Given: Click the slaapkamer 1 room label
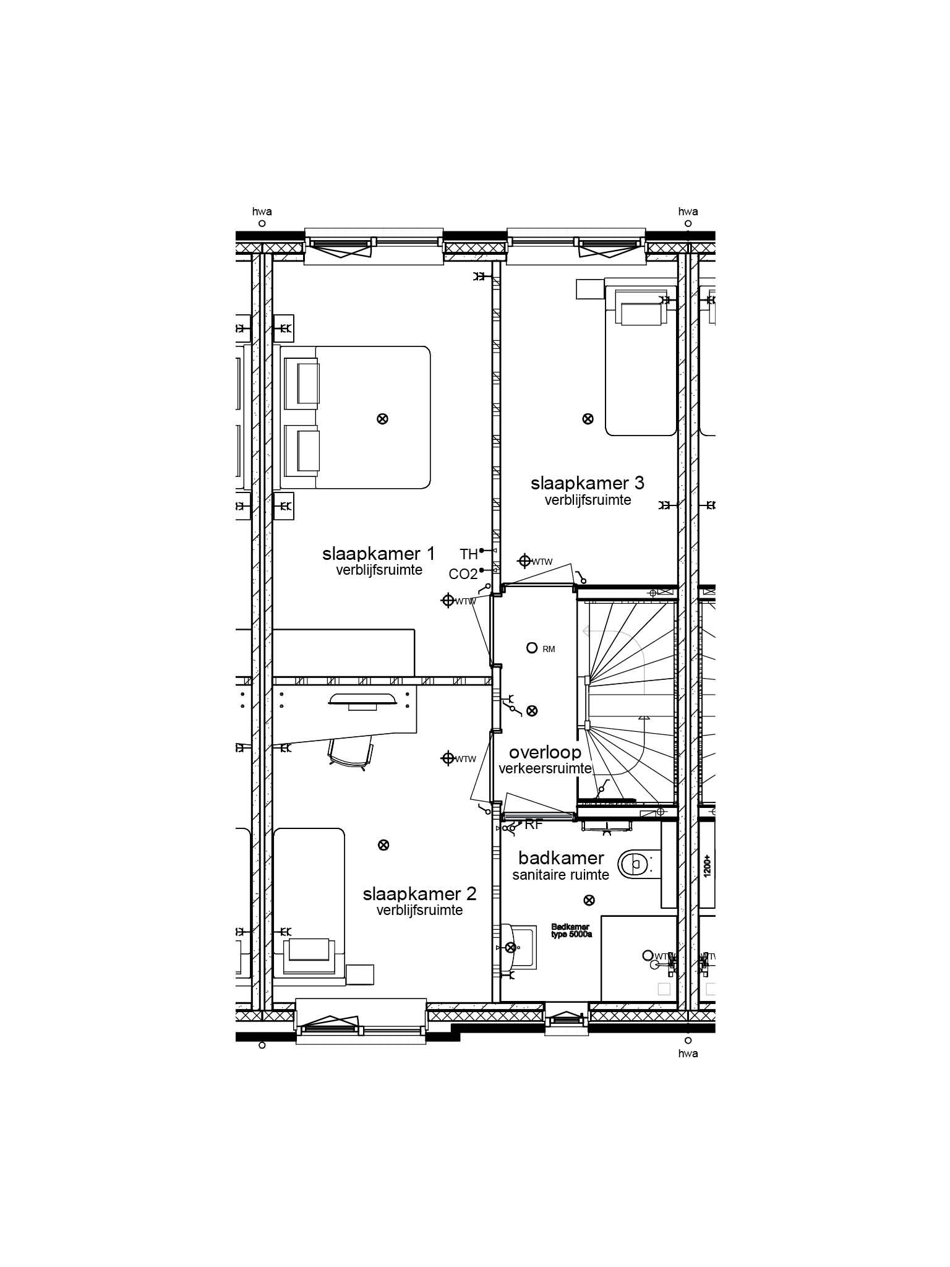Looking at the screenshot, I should click(x=379, y=553).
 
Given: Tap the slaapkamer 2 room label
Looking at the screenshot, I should click(x=419, y=893).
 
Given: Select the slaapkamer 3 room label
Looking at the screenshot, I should click(x=588, y=483).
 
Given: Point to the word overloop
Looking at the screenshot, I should click(x=545, y=752).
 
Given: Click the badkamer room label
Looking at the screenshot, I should click(x=561, y=858).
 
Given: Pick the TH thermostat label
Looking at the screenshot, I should click(x=469, y=554).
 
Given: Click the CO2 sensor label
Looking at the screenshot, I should click(x=463, y=574).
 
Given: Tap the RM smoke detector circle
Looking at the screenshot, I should click(x=531, y=648).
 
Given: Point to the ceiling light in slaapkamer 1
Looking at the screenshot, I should click(x=382, y=419).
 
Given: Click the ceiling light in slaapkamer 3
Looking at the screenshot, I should click(x=588, y=419).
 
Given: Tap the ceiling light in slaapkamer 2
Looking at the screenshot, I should click(x=383, y=845).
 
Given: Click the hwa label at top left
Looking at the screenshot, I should click(x=262, y=212).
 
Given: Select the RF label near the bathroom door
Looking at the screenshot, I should click(x=534, y=824).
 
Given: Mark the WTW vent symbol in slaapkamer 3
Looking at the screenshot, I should click(x=524, y=561).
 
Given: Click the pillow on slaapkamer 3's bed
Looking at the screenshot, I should click(x=641, y=312).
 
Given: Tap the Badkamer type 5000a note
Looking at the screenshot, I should click(x=571, y=931).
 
